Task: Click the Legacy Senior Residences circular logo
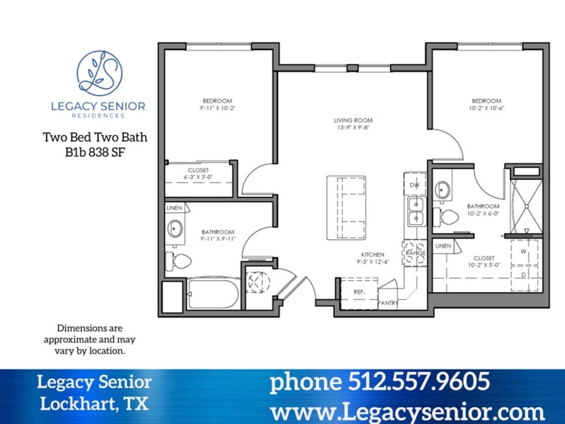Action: (x=99, y=73)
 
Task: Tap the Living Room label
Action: (x=353, y=121)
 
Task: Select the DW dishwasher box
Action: (x=415, y=185)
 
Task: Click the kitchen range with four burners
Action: (x=415, y=253)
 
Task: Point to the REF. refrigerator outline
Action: (x=359, y=292)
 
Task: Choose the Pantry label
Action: (x=388, y=303)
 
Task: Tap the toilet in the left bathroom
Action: (x=179, y=261)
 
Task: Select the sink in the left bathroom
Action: (x=175, y=229)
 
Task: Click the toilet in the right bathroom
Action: (x=446, y=217)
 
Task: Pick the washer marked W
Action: (x=524, y=252)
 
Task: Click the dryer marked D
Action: (x=524, y=275)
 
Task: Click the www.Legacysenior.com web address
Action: (x=407, y=411)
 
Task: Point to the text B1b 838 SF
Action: (x=95, y=152)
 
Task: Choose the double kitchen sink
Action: (x=415, y=211)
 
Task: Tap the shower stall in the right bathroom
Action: (x=526, y=206)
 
